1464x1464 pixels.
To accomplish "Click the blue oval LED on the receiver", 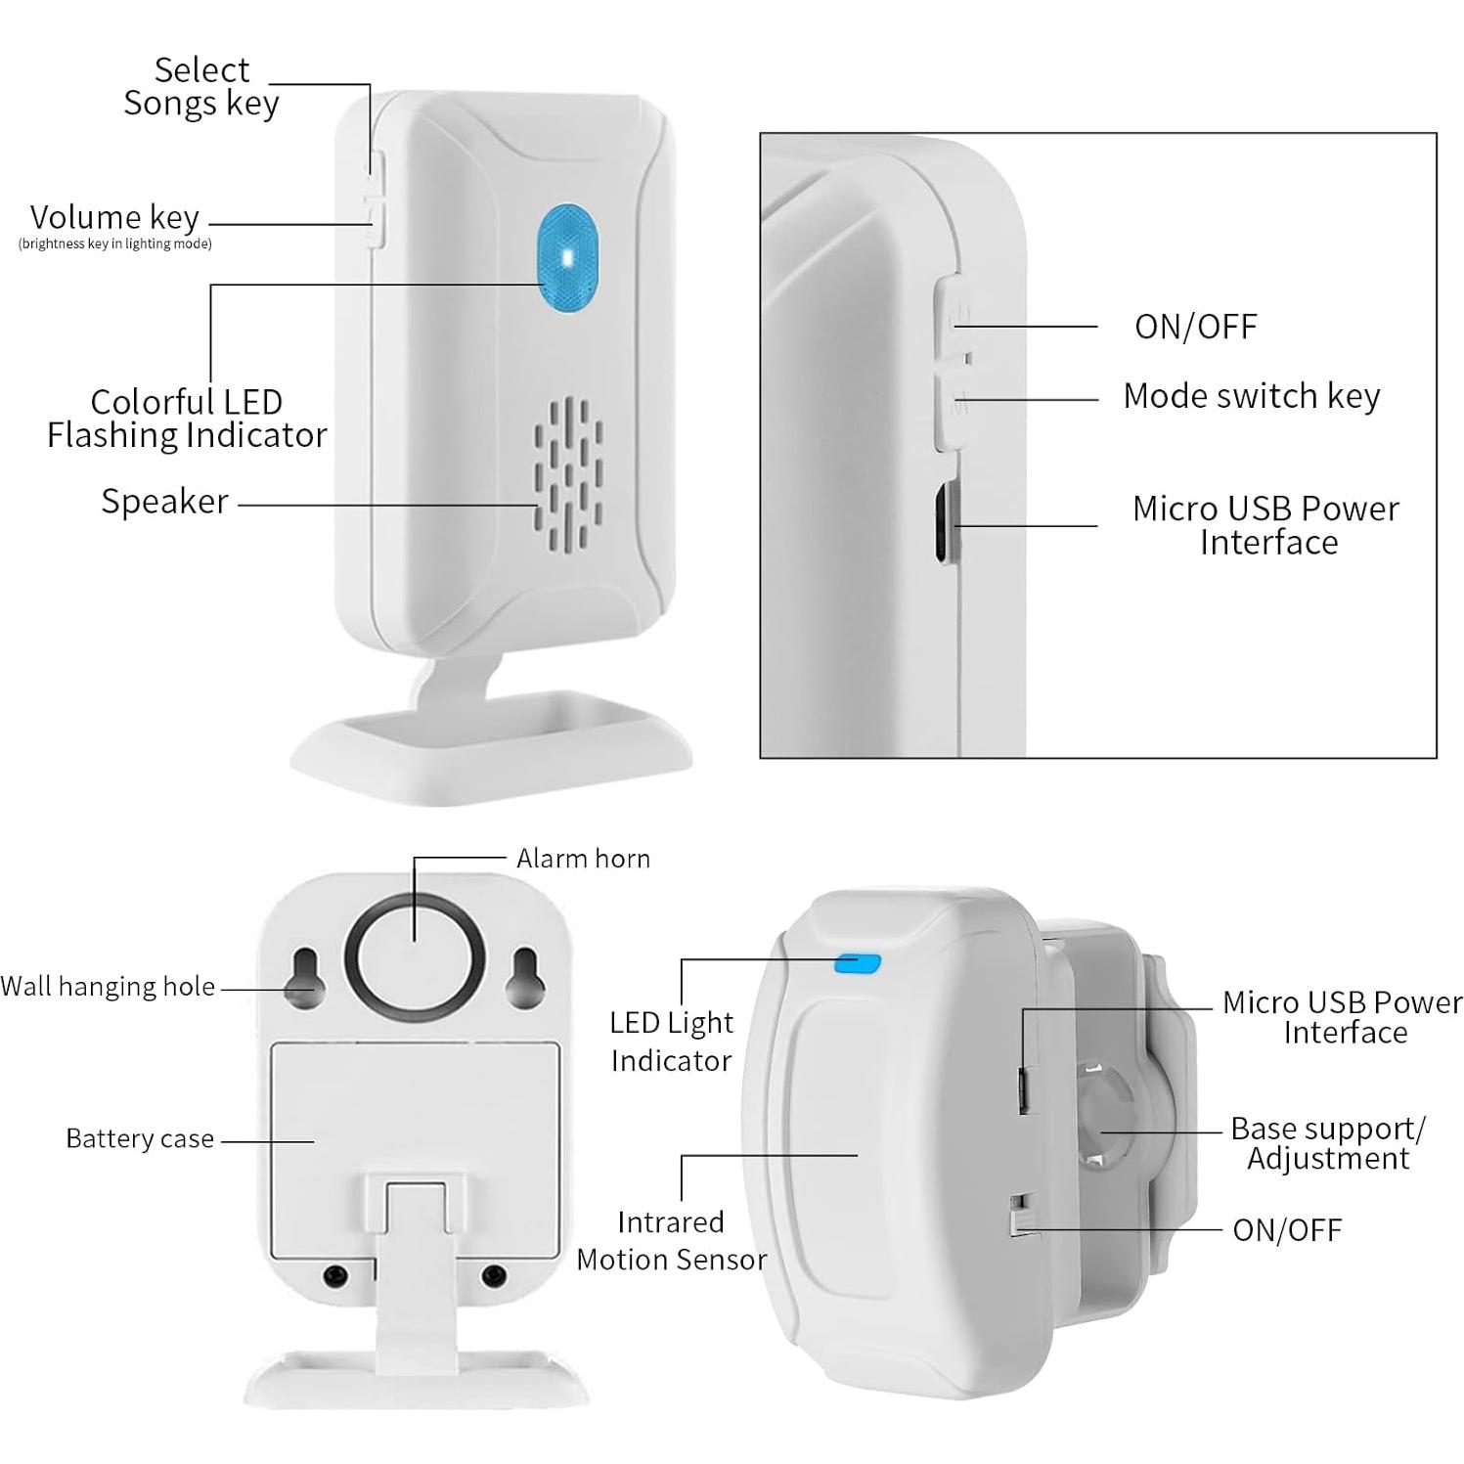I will click(x=568, y=258).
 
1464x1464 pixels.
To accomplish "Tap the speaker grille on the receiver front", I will click(x=567, y=475).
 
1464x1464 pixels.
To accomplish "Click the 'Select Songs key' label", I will click(x=201, y=86).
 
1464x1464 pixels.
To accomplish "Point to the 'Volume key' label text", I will click(x=114, y=217).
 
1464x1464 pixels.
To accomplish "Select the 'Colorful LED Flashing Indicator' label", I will click(x=187, y=418).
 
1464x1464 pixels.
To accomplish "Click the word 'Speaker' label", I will click(x=164, y=501).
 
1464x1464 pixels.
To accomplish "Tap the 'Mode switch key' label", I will click(x=1251, y=396).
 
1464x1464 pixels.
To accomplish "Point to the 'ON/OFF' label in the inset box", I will click(x=1195, y=327).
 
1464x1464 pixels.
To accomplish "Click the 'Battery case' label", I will click(x=140, y=1138).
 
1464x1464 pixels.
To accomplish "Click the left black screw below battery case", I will click(x=335, y=1275).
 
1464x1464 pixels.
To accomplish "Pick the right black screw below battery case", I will click(x=495, y=1275).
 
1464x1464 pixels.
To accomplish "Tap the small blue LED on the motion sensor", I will click(x=857, y=964).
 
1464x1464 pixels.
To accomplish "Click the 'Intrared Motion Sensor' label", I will click(x=671, y=1240).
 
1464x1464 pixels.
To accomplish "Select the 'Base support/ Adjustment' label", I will click(x=1327, y=1142).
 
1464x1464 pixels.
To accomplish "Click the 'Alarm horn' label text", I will click(x=583, y=859).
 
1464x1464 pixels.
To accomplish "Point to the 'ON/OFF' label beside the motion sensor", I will click(x=1287, y=1230).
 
